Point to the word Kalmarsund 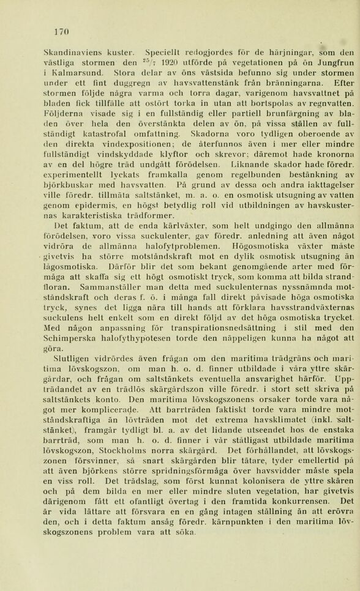click(x=77, y=73)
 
